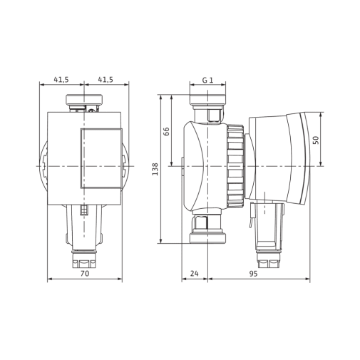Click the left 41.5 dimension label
[61, 79]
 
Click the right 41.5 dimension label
[106, 79]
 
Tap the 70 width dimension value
[85, 274]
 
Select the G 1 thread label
[207, 80]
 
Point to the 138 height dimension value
[155, 169]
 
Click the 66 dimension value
[167, 131]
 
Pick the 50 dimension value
[316, 140]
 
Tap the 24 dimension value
[194, 274]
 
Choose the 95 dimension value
[253, 274]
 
